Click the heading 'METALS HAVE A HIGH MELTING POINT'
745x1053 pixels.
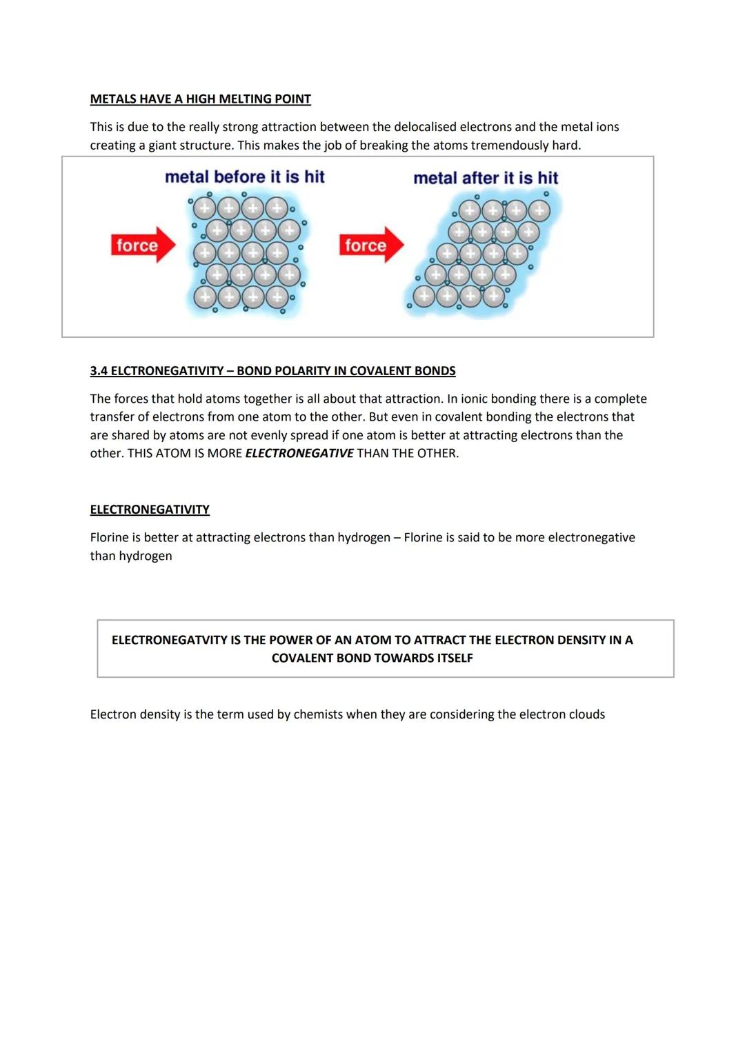point(200,99)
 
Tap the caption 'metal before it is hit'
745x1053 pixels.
point(244,177)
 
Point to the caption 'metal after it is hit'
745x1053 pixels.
point(486,178)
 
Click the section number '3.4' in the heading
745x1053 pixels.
point(99,371)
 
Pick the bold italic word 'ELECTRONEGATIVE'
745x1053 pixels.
point(299,454)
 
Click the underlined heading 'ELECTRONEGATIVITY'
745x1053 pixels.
point(150,510)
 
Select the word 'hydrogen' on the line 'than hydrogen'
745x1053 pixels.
point(145,556)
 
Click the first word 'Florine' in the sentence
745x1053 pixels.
point(109,538)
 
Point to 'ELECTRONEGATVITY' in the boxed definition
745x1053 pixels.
point(170,640)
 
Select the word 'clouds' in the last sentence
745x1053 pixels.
point(586,714)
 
